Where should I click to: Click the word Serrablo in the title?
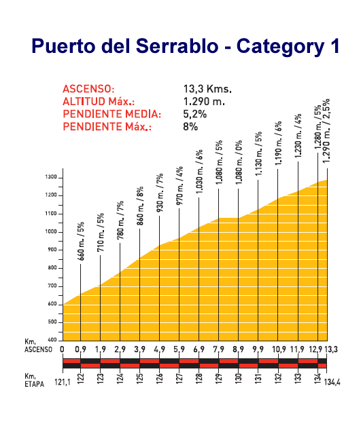(x=177, y=45)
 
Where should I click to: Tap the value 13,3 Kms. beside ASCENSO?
(x=207, y=89)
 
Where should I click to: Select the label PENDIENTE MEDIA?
(x=112, y=114)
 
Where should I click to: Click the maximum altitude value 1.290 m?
(x=204, y=102)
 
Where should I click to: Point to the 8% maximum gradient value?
(x=190, y=127)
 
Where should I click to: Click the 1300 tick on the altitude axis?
(x=51, y=177)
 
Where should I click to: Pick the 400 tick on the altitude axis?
(x=52, y=340)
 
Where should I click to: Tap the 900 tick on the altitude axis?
(x=52, y=250)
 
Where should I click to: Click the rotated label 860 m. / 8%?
(x=140, y=206)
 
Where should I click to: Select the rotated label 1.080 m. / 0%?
(x=239, y=162)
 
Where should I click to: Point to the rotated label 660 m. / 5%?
(x=81, y=242)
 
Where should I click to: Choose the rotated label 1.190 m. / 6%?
(x=278, y=143)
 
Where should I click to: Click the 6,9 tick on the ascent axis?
(x=199, y=349)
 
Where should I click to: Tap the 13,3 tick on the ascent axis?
(x=331, y=349)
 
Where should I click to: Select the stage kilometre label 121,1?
(x=63, y=382)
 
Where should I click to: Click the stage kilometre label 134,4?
(x=332, y=382)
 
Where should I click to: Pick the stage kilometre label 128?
(x=199, y=379)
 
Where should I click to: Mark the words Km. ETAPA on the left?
(x=35, y=380)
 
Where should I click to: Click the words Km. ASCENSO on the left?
(x=38, y=345)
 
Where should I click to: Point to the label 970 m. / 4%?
(x=179, y=186)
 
